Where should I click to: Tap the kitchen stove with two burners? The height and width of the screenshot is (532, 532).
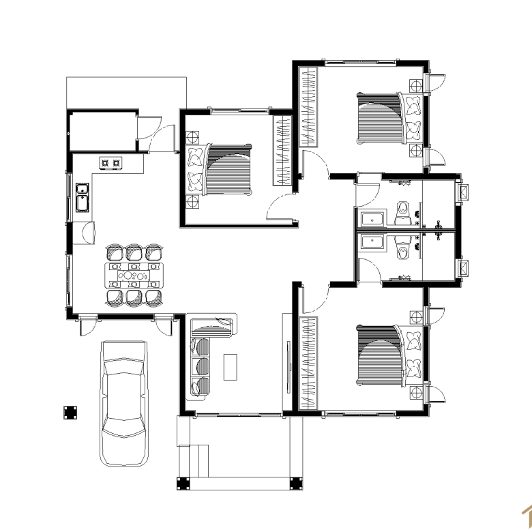coord(110,163)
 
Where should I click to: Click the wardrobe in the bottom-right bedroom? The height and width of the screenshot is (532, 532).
coord(308,364)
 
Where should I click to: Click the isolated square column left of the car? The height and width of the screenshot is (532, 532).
coord(70,412)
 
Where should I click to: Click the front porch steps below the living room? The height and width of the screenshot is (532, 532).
coord(194,460)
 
